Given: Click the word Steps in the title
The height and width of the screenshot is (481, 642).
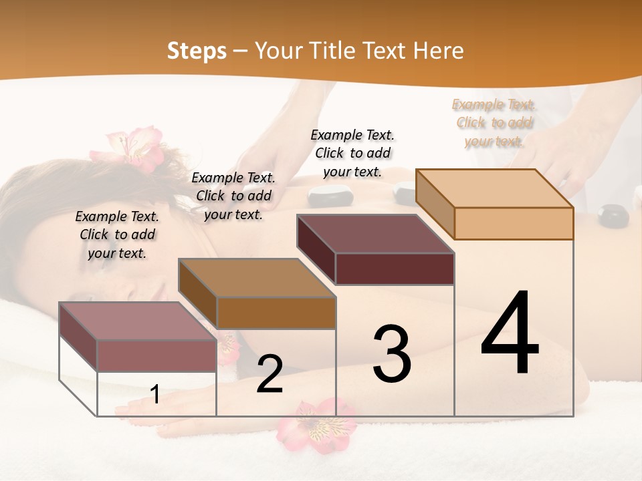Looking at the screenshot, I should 197,51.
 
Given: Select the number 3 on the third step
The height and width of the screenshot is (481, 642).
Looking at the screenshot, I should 391,353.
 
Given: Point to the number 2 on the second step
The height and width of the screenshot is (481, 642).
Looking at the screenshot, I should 270,374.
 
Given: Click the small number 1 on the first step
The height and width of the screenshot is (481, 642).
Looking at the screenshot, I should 155,394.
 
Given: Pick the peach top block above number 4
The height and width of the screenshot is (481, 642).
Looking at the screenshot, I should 495,204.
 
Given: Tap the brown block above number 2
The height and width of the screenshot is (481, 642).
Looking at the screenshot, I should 257,294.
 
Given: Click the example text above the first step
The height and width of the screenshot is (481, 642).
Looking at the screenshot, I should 117,234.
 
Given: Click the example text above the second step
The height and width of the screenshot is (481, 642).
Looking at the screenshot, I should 233,196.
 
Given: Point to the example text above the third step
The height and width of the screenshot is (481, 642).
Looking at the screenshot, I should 352,153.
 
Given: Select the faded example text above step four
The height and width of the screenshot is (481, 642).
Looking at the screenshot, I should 494,122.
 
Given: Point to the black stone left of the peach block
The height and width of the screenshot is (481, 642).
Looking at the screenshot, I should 405,193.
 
